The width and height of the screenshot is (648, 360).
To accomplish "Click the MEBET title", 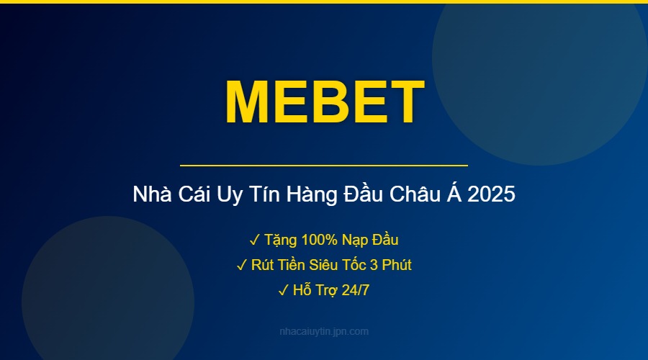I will [x=324, y=101].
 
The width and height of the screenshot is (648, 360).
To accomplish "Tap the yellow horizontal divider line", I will [x=324, y=166].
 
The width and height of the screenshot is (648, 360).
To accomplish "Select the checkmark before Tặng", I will [x=254, y=239].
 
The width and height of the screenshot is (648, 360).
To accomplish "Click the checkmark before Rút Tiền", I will [x=241, y=265].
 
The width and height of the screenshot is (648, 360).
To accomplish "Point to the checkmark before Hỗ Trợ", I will [x=283, y=291].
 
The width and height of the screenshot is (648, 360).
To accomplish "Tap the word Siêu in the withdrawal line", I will [x=318, y=265].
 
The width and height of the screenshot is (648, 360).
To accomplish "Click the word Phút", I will [x=397, y=265].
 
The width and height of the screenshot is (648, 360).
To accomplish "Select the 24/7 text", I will [x=354, y=291].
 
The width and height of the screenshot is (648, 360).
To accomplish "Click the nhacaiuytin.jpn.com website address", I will [x=324, y=332].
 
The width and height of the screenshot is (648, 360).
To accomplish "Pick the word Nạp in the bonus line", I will [x=352, y=239].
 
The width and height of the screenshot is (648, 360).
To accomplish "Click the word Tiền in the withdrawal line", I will [x=283, y=265].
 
